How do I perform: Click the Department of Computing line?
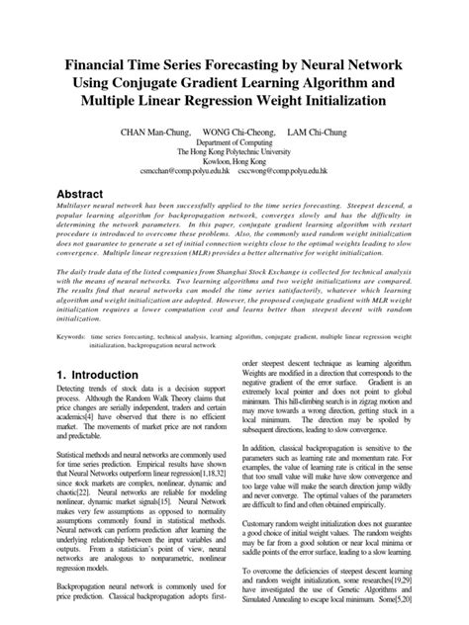(234, 142)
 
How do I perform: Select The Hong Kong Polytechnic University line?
(234, 152)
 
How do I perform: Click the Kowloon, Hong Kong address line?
(234, 162)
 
